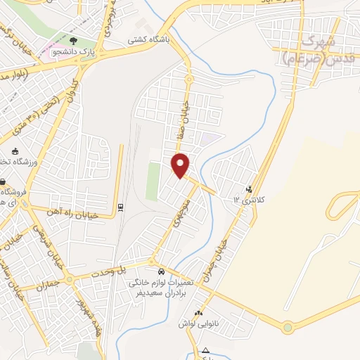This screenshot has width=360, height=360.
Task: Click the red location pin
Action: (181, 165)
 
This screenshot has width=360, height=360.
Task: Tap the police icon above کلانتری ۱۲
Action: (249, 188)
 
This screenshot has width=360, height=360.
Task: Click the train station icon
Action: (121, 207)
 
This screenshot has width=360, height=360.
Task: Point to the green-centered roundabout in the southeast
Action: (288, 328)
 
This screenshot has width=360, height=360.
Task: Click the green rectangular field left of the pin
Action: (153, 181)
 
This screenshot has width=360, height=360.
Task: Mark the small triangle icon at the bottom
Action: (205, 350)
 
